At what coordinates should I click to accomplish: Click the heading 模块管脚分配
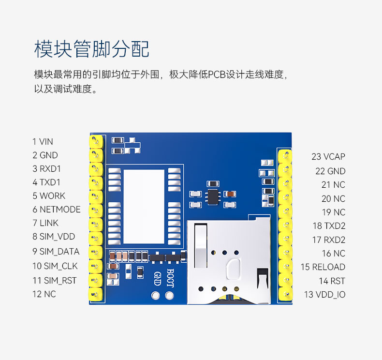coord(92,49)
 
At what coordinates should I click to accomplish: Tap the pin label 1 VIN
coord(43,142)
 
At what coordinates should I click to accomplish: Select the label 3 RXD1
coord(46,169)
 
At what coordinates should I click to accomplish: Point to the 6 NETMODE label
coord(57,210)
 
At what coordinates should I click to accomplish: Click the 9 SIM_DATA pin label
coord(56,252)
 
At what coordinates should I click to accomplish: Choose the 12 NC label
coord(44,294)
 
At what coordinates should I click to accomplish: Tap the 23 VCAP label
coord(328,157)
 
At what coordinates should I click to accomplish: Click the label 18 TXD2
coord(329,226)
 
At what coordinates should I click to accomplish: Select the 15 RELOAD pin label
coord(323,267)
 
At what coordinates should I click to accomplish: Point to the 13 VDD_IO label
coord(324,294)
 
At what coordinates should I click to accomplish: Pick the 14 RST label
coord(332,281)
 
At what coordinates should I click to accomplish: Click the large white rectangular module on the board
coord(144,207)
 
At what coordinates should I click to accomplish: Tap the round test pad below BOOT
coord(169,295)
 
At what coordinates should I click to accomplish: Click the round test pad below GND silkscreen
coord(156,295)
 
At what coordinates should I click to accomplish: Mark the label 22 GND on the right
coord(330,171)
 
